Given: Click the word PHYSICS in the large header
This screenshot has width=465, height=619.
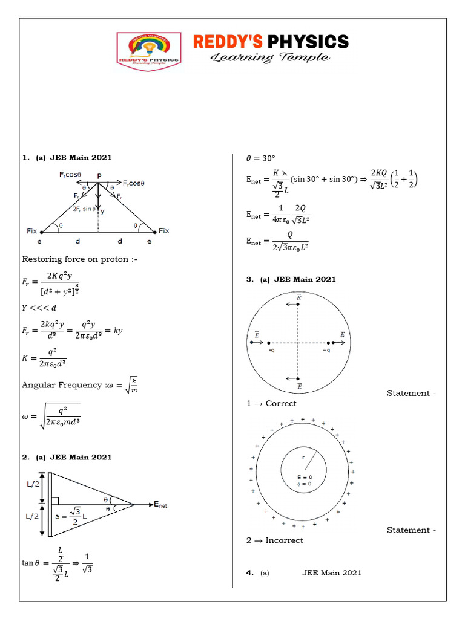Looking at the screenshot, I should point(308,42).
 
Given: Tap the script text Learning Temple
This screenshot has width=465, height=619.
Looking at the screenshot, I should point(270,58).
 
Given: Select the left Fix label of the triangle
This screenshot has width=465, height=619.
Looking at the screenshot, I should point(33,231).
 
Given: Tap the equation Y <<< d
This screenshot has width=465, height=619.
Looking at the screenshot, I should point(40,307).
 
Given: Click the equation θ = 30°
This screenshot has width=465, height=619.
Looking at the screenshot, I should point(260,158).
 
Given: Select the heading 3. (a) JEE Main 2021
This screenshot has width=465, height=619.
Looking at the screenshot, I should point(291,279).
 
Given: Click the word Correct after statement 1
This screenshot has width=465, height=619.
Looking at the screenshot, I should point(281,403).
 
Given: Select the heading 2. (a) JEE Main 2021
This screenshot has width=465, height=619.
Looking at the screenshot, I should point(67,457).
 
